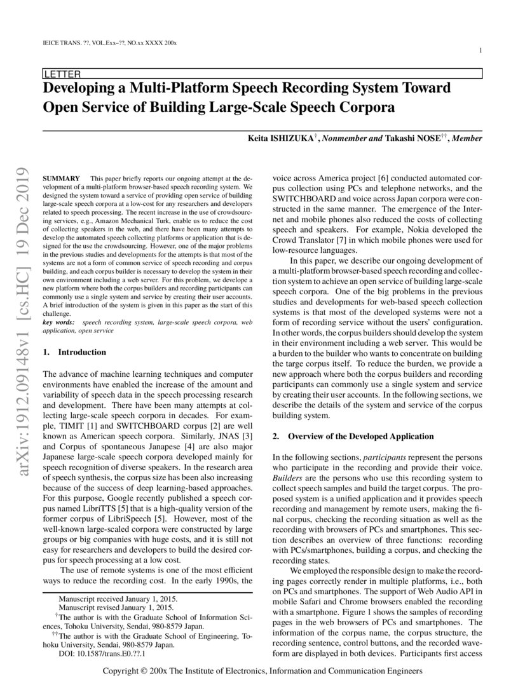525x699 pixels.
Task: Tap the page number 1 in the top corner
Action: (480, 51)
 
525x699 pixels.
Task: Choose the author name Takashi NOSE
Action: (410, 138)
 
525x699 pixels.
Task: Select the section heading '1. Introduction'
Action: (74, 351)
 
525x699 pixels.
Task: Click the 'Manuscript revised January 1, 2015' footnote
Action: (118, 607)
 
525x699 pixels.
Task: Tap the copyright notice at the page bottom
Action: (262, 671)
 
